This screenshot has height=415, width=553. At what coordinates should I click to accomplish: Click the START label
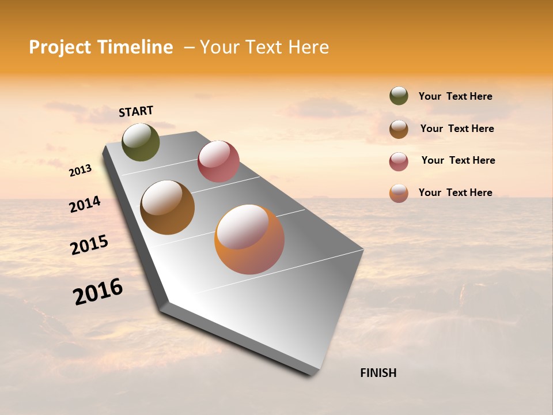[136, 111]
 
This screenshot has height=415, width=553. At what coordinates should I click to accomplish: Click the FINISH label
[378, 373]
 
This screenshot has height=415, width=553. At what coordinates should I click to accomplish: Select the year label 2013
[81, 171]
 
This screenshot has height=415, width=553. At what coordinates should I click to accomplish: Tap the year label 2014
[85, 205]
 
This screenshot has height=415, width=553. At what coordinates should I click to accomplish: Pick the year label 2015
[89, 245]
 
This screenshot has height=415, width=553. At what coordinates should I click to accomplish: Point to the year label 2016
[98, 292]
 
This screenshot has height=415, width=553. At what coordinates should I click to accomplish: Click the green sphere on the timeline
[141, 142]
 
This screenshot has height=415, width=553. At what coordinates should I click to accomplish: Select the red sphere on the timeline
[218, 161]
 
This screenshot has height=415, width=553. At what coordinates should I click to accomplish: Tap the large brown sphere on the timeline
[167, 207]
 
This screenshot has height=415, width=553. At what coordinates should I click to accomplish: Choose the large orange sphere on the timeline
[249, 239]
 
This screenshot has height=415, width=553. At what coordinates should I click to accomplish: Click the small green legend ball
[399, 96]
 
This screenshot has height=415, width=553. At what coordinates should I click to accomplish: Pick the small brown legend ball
[399, 129]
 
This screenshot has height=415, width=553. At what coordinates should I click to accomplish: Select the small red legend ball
[399, 161]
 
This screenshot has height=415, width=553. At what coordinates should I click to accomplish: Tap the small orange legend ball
[399, 193]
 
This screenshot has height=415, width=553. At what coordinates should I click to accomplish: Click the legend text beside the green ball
[455, 96]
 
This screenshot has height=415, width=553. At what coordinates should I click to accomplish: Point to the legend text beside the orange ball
[455, 193]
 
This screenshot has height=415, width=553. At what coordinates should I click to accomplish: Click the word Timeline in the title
[135, 47]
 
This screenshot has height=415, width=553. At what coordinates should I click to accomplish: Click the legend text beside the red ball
[458, 160]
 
